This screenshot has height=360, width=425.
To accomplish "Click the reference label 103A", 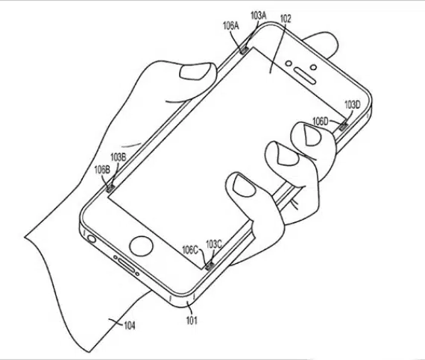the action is point(259,16).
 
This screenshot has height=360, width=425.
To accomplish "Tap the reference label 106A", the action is point(231,26).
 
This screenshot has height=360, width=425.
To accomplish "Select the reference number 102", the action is point(286,19).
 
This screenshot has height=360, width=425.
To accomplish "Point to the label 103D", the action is point(353,104).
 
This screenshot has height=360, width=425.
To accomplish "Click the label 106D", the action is point(321,121).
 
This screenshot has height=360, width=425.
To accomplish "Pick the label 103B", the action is point(118,157).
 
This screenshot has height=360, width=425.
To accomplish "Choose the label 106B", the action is point(102,170).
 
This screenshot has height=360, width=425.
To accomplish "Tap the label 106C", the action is point(190,250).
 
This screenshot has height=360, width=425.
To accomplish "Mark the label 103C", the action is point(214,244).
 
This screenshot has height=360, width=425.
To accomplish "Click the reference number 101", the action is point(192,320).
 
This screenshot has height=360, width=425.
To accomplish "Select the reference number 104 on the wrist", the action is point(129,325).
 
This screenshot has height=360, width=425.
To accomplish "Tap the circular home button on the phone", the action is point(141,247).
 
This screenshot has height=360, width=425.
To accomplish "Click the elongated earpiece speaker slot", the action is point(305,76).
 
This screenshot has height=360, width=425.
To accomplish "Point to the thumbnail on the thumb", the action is point(195,72).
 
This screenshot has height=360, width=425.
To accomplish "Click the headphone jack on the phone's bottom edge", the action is point(92,239).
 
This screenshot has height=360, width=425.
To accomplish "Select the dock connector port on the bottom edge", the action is point(127,266).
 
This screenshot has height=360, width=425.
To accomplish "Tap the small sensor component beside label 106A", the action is point(245,50).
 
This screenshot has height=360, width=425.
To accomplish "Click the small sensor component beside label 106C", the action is point(209,266).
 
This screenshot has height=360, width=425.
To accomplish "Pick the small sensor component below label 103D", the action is point(344,127).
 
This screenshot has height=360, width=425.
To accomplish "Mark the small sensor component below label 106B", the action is point(110,189).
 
